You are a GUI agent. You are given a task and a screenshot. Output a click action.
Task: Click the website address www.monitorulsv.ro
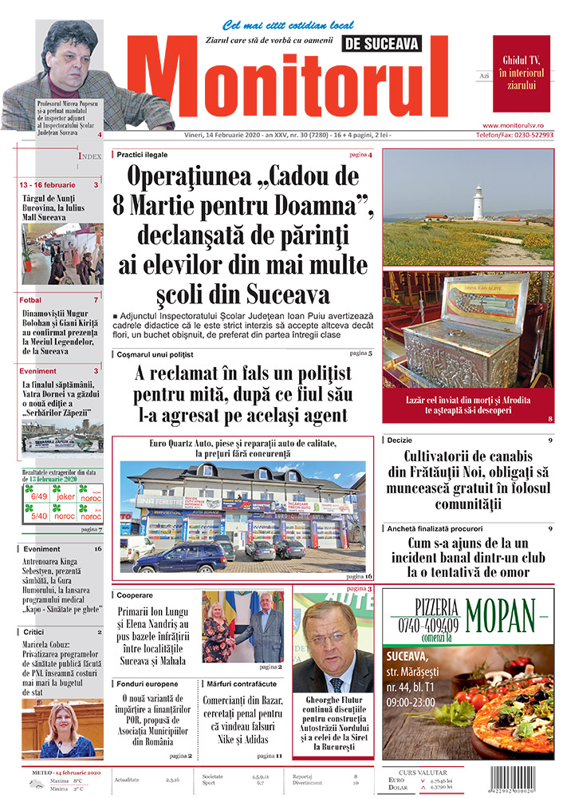coord(518,125)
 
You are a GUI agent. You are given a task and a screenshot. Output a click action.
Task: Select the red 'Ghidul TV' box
coord(521,73)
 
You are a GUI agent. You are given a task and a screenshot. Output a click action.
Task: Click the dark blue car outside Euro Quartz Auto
coord(180,556)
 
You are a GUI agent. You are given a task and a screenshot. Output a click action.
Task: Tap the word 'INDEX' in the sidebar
coord(89,156)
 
